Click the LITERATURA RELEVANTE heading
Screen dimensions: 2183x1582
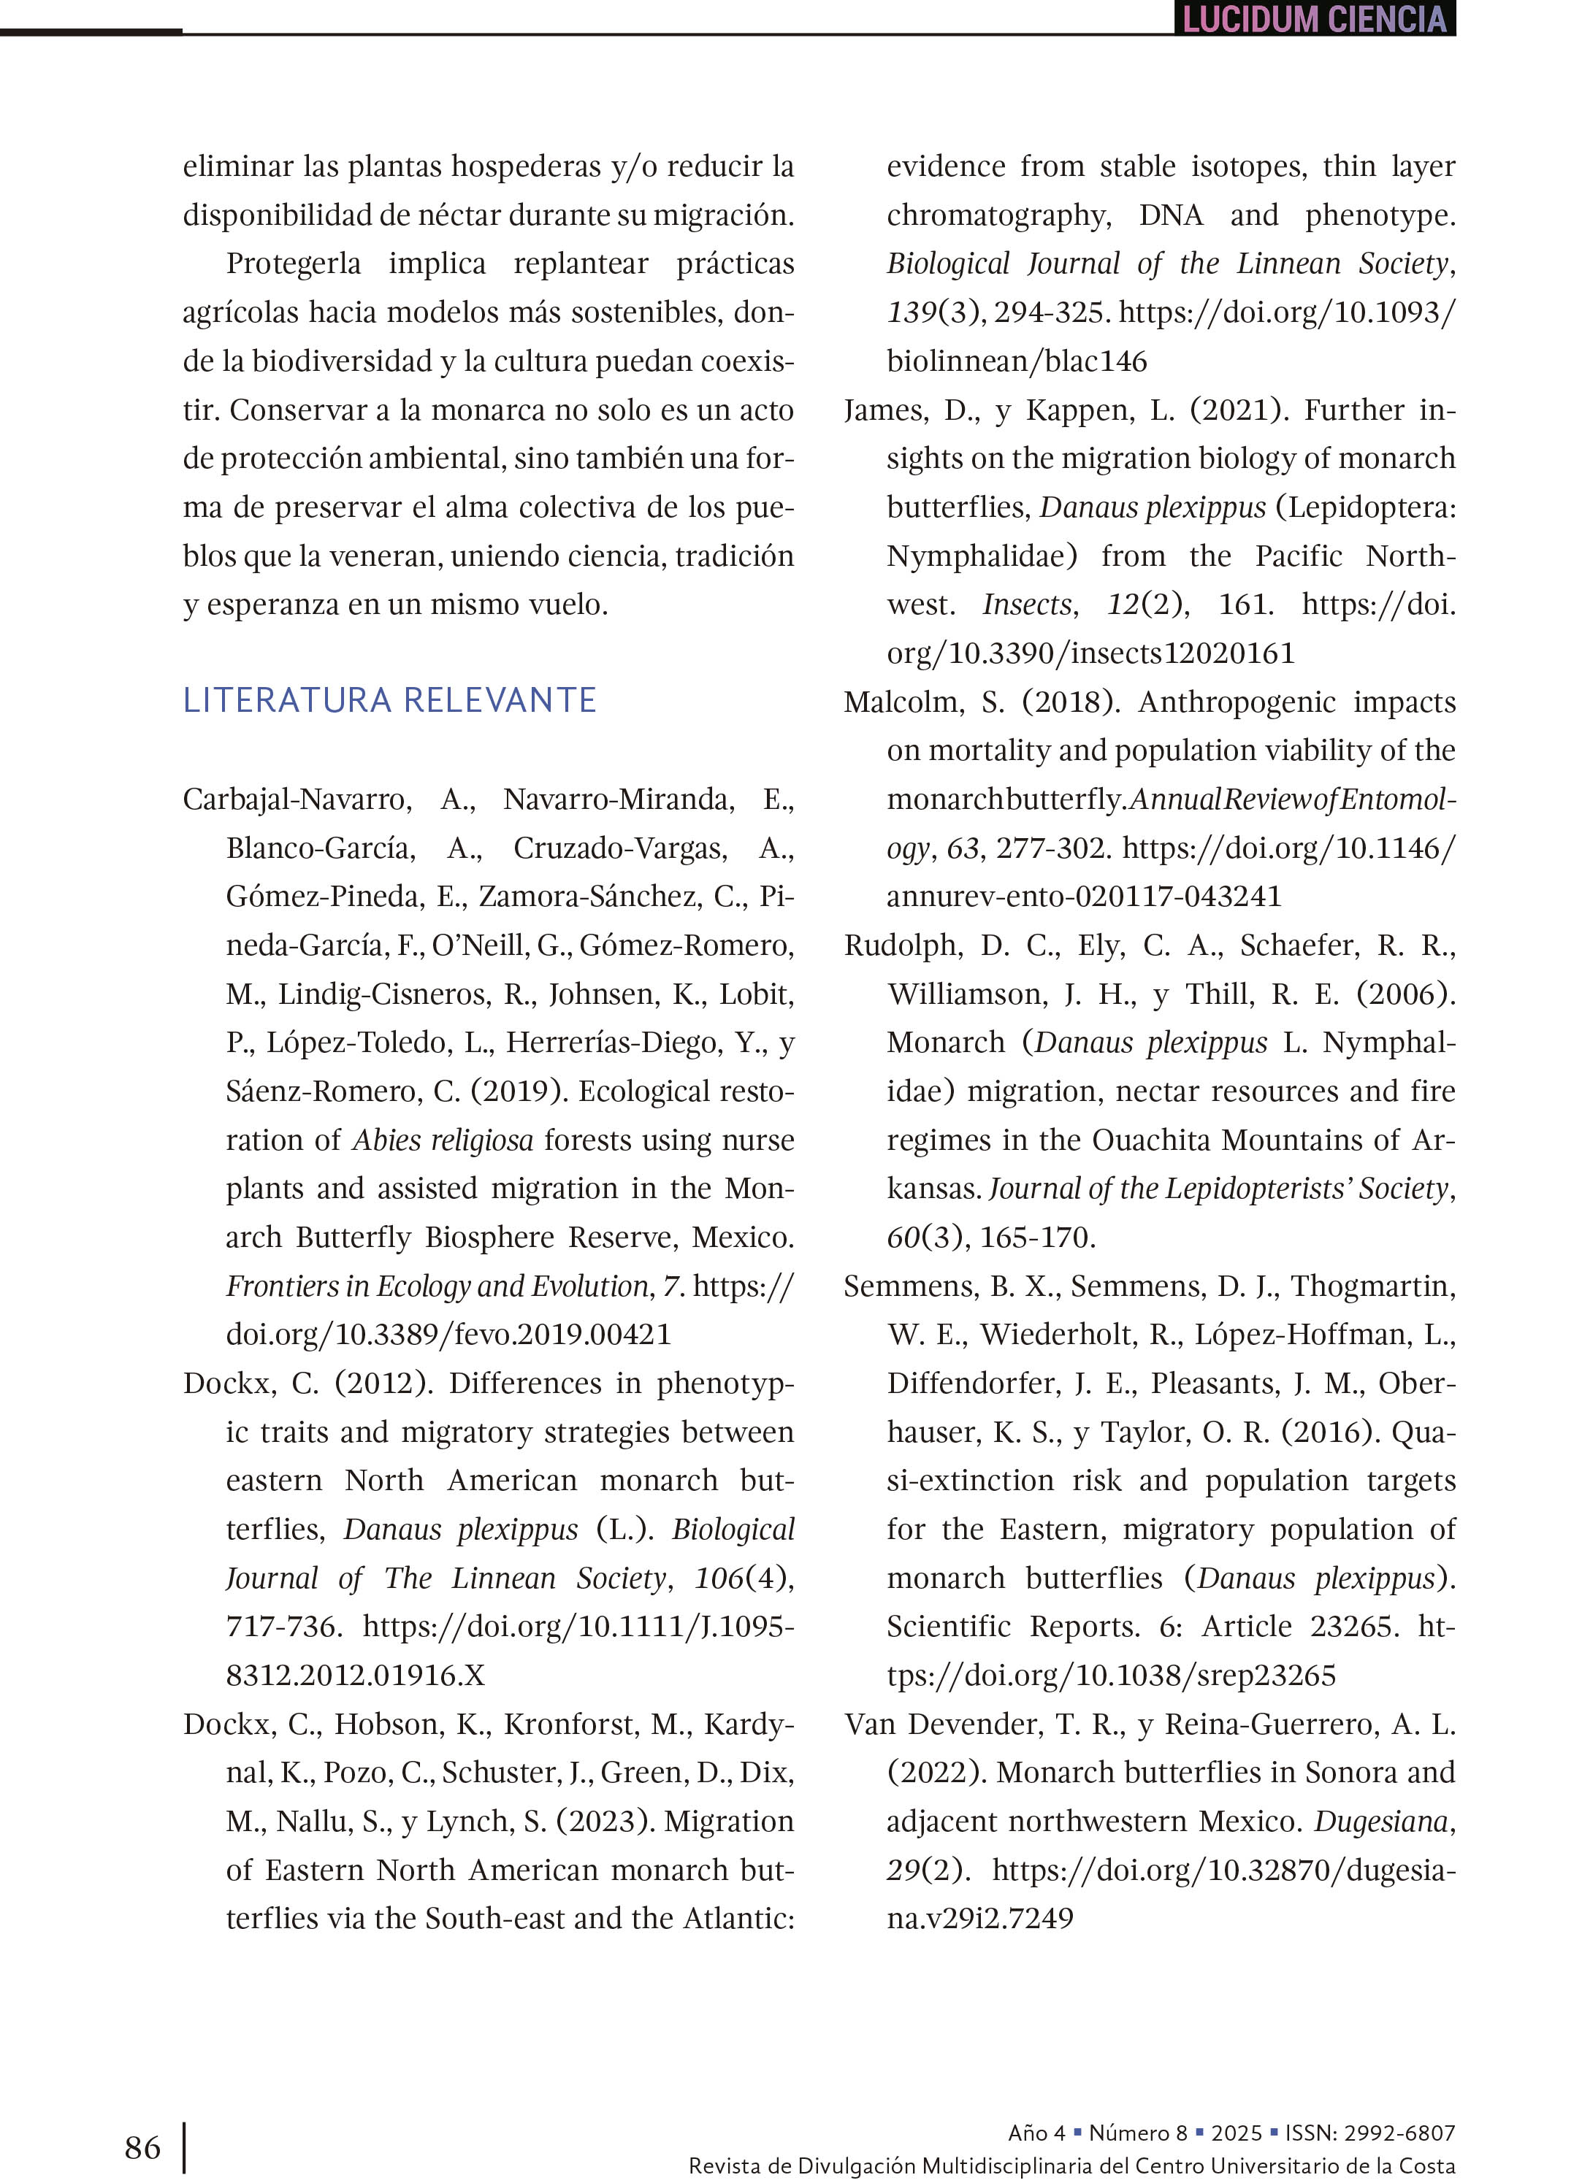pyautogui.click(x=389, y=699)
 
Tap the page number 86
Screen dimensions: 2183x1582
pyautogui.click(x=142, y=2147)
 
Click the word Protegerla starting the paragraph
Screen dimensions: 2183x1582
pyautogui.click(x=294, y=264)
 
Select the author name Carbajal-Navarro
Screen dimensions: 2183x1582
pyautogui.click(x=297, y=799)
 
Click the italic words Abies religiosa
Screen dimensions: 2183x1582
pyautogui.click(x=442, y=1140)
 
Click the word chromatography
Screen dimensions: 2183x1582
pyautogui.click(x=998, y=215)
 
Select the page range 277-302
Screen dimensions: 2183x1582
pyautogui.click(x=1053, y=848)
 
